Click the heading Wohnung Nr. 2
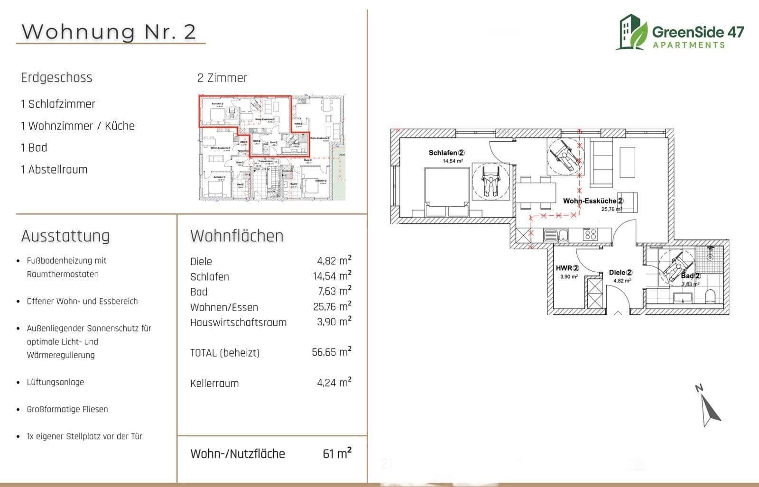(x=109, y=31)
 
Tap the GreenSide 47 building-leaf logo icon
(x=631, y=32)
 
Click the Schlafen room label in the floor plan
(x=446, y=153)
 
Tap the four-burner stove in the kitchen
(x=590, y=234)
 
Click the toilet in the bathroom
(x=710, y=297)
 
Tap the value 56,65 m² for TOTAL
(x=332, y=352)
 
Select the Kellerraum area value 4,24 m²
(x=334, y=382)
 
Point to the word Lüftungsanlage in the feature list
(x=56, y=382)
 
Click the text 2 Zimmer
(x=222, y=78)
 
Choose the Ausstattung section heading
(x=65, y=236)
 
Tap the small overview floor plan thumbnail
(x=271, y=147)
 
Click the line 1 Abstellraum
(x=54, y=169)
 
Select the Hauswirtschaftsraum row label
(x=238, y=322)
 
